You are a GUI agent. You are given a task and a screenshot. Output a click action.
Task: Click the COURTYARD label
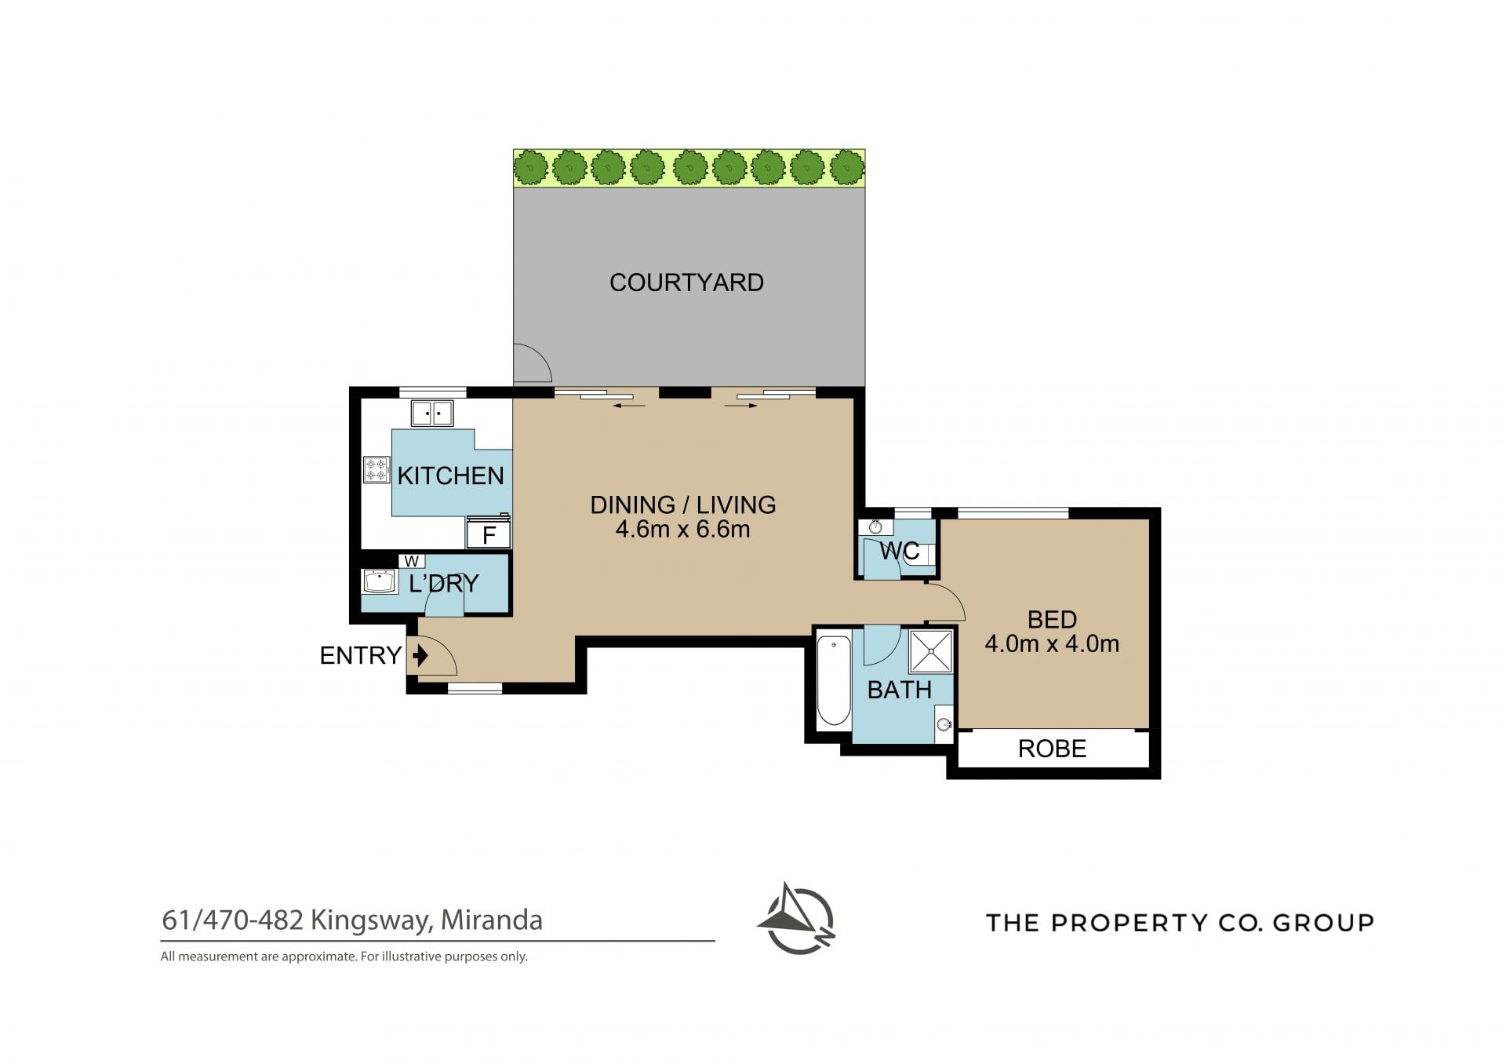click(x=686, y=282)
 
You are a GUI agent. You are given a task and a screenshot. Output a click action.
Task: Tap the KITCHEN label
click(x=450, y=476)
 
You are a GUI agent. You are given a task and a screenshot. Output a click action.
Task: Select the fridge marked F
click(x=489, y=534)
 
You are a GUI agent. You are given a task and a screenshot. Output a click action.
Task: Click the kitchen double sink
click(x=431, y=413)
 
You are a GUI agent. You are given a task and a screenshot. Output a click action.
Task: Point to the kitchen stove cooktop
click(x=376, y=470)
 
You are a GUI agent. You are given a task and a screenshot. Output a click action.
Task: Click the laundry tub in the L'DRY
click(x=380, y=581)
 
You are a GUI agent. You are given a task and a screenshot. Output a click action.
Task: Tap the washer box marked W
click(x=411, y=561)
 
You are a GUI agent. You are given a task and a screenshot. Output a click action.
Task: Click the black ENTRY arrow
click(x=421, y=654)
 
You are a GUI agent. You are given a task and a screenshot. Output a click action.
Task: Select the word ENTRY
click(x=361, y=655)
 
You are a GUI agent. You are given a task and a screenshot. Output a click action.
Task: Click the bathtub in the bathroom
click(x=834, y=681)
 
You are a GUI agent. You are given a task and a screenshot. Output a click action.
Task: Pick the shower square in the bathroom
click(x=932, y=650)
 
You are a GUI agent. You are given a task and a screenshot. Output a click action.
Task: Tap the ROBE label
click(x=1052, y=749)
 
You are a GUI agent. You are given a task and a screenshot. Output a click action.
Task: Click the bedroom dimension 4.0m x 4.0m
click(x=1052, y=644)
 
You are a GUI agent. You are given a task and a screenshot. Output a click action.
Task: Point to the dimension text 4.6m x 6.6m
click(x=682, y=530)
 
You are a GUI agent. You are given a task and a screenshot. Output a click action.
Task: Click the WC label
click(x=900, y=551)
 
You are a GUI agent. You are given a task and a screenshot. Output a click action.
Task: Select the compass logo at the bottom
click(x=796, y=918)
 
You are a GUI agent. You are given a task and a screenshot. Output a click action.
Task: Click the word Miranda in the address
click(x=492, y=920)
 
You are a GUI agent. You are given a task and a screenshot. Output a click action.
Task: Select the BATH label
click(x=900, y=690)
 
